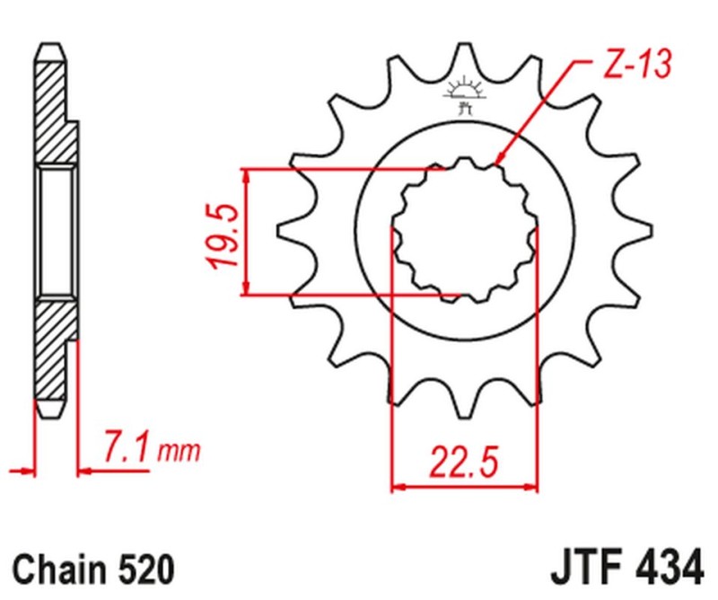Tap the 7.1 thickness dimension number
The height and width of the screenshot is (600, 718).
[127, 446]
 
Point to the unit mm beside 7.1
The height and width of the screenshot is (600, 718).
[179, 449]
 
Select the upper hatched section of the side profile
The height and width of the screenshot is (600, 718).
[53, 108]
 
